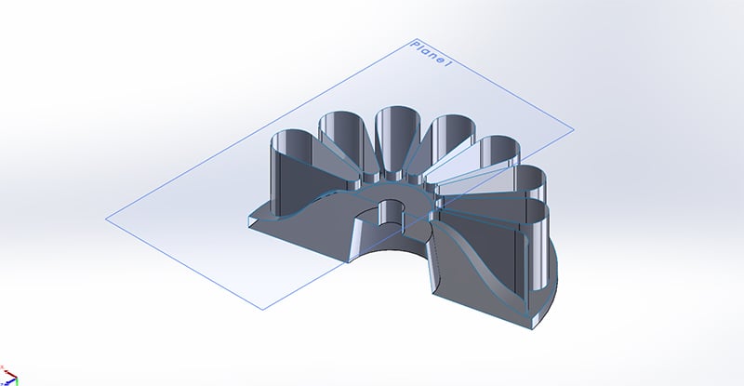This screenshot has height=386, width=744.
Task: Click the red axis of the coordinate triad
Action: [14, 380]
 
